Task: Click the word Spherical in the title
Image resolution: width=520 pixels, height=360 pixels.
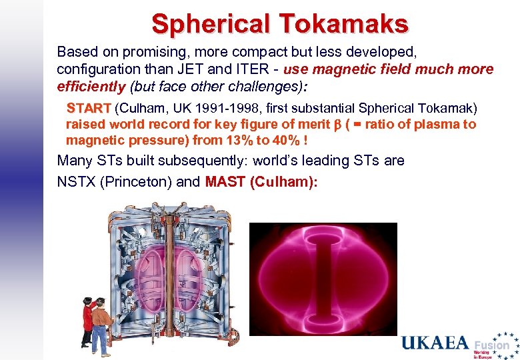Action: pos(210,24)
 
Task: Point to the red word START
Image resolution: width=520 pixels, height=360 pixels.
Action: pos(88,108)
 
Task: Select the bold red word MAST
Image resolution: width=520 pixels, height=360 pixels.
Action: pos(225,182)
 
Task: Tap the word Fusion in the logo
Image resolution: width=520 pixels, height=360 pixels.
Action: pos(492,345)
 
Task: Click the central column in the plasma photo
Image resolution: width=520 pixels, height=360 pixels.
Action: pos(322,279)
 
